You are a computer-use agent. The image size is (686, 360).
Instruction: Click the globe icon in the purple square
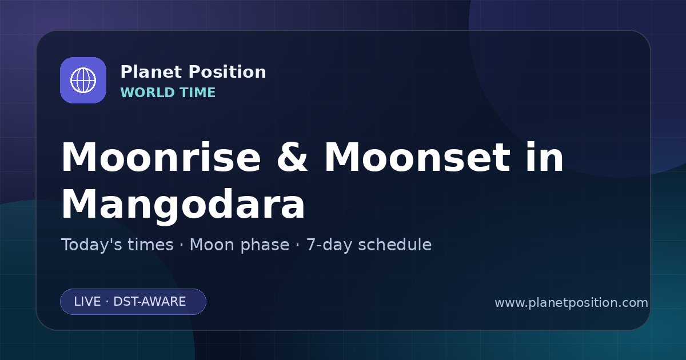pos(83,80)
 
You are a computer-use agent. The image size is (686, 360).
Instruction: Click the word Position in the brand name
pos(228,72)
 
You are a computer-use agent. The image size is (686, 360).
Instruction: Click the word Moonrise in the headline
pos(161,157)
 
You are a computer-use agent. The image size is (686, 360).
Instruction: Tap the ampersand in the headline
pos(292,157)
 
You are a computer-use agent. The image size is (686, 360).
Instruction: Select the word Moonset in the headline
pos(417,157)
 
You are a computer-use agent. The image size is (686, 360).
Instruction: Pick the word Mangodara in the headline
pos(183,205)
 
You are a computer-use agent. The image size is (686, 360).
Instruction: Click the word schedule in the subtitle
pos(395,245)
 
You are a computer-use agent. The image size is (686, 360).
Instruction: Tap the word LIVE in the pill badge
pos(87,302)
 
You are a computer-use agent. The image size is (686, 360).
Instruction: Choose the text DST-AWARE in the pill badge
pos(150,302)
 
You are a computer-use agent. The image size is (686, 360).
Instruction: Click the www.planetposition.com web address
pos(572,303)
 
